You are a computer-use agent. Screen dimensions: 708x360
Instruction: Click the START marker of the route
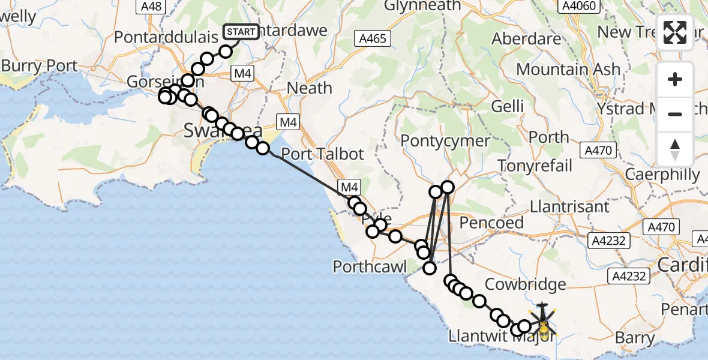[241, 32]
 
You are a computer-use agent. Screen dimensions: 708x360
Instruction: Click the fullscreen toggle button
[675, 32]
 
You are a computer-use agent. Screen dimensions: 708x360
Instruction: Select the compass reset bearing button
[675, 149]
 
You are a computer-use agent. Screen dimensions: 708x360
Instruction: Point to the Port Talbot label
[322, 154]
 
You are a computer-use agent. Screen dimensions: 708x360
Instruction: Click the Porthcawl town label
[370, 266]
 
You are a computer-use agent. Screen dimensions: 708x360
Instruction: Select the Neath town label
[309, 88]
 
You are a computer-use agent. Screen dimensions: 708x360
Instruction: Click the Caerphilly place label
[662, 175]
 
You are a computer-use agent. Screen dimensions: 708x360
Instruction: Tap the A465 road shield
[372, 39]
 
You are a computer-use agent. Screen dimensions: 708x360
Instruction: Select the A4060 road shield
[578, 6]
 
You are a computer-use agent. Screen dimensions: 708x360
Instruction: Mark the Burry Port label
[39, 65]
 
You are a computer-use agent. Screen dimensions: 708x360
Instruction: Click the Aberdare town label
[526, 39]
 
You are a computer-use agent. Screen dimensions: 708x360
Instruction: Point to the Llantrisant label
[569, 207]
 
